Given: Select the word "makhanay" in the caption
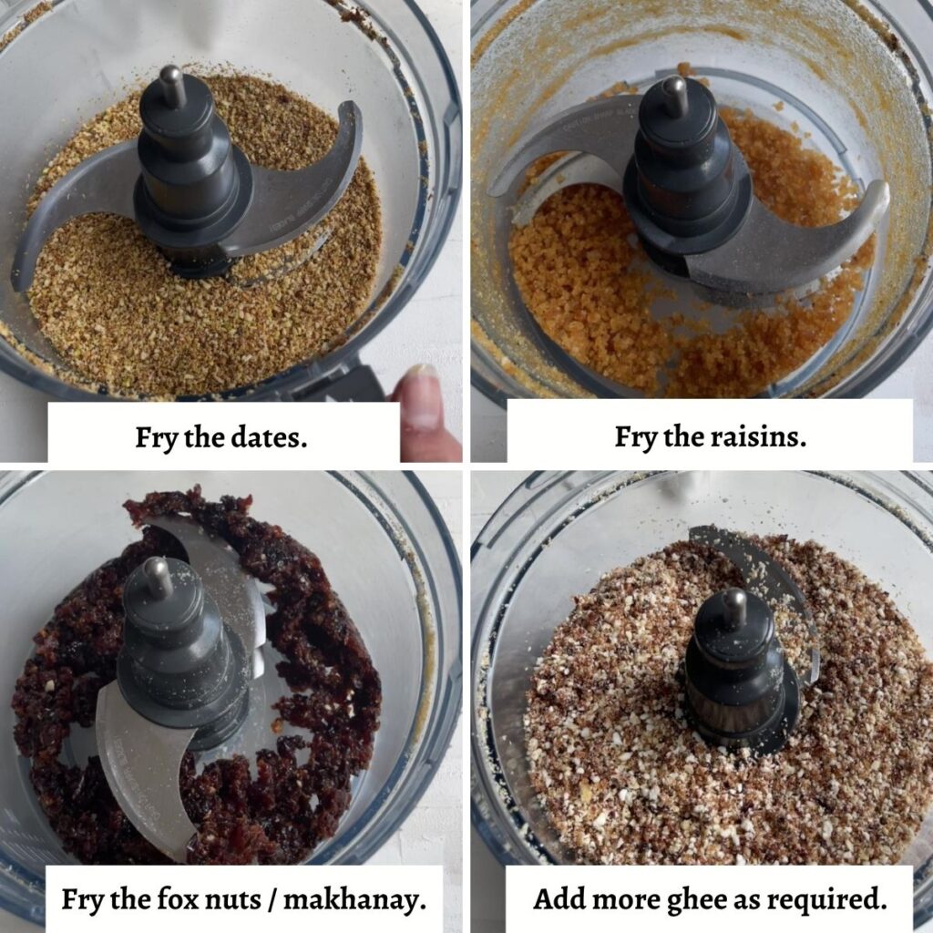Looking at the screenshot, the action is (354, 899).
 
